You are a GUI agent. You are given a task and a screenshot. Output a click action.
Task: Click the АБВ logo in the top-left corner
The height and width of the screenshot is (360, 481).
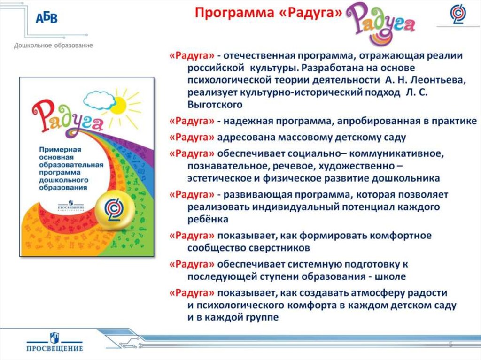coord(47,19)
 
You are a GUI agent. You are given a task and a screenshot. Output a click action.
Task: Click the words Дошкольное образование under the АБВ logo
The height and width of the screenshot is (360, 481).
coord(53,46)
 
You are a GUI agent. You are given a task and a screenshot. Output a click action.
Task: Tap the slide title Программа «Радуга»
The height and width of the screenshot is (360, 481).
coord(268,13)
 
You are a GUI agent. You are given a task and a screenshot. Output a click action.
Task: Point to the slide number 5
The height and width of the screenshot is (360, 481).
coord(450,345)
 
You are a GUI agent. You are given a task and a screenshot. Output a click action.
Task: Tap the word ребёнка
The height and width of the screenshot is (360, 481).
coord(208,219)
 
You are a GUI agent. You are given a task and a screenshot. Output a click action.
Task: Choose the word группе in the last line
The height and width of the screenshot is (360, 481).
coord(261,317)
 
